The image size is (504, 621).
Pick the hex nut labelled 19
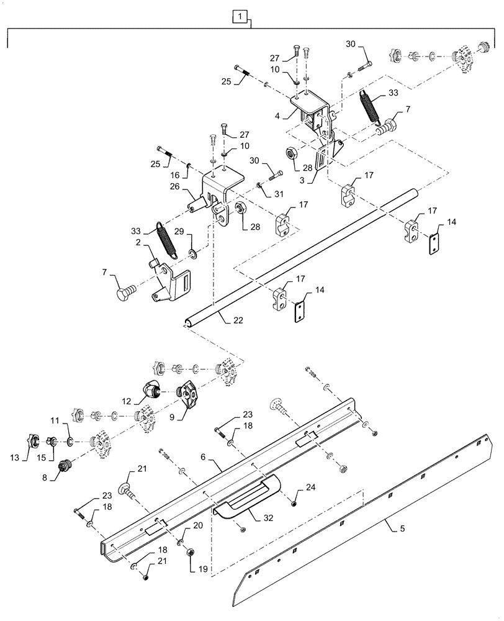(192, 551)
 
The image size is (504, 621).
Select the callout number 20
(198, 525)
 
